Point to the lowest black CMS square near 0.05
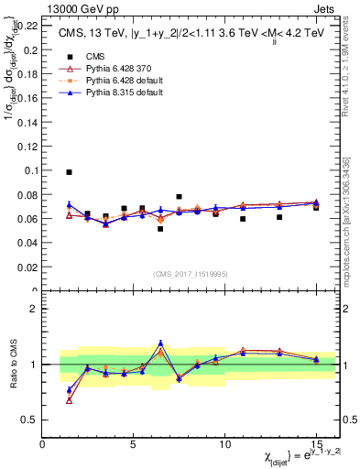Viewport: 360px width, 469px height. [160, 229]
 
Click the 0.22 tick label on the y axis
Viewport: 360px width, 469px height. [27, 25]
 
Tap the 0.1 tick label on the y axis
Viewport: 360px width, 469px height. [30, 170]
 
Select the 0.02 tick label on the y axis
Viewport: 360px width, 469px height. [27, 267]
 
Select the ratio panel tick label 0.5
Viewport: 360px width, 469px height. [29, 420]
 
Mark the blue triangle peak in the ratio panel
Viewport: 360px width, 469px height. [160, 343]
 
